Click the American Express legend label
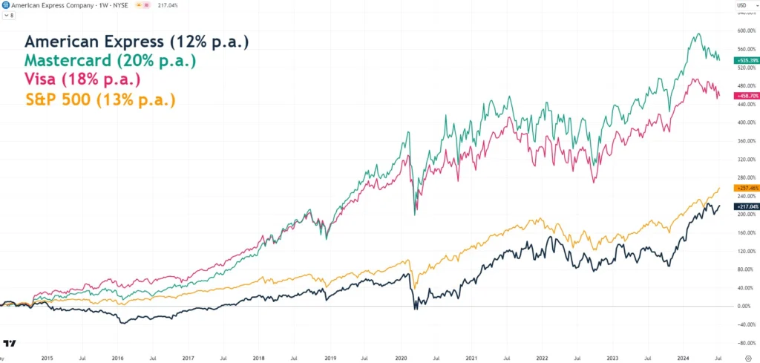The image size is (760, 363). (136, 42)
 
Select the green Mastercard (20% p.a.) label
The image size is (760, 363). (110, 60)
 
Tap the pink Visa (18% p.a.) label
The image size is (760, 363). (82, 79)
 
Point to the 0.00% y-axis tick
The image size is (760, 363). (744, 306)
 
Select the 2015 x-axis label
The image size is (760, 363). (47, 357)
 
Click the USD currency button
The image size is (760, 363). (742, 5)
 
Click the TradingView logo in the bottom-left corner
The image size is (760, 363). (10, 344)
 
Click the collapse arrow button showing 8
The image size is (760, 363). (7, 14)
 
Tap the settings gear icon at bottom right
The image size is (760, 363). (748, 357)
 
